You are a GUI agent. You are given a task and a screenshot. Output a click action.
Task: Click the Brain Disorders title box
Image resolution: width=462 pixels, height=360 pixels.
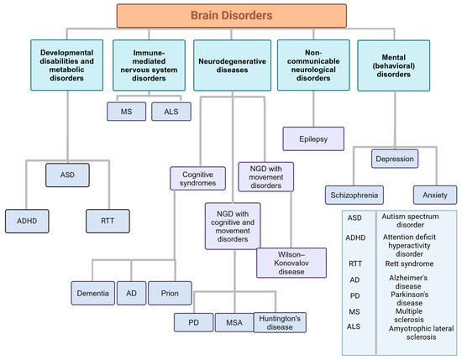pyautogui.click(x=230, y=15)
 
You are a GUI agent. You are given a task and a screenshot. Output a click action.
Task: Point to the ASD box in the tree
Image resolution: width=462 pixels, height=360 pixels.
pyautogui.click(x=67, y=177)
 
